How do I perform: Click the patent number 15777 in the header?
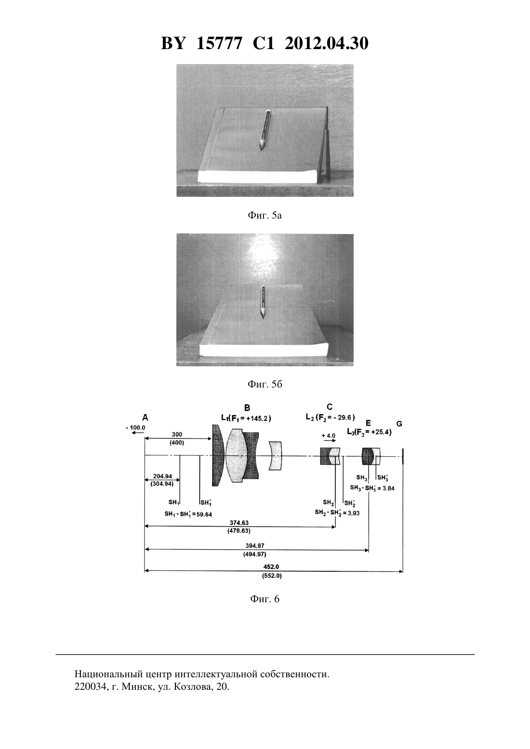(219, 43)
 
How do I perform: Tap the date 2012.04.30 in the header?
(327, 43)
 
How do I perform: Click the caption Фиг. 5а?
(265, 216)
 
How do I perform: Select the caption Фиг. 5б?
(265, 384)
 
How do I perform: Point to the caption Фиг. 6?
(265, 599)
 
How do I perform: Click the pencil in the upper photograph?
(265, 129)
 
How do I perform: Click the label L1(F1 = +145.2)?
(246, 418)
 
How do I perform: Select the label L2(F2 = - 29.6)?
(330, 417)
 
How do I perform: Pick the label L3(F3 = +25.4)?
(370, 432)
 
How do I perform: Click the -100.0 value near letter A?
(136, 427)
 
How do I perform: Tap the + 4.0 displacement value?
(328, 436)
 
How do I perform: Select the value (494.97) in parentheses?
(254, 555)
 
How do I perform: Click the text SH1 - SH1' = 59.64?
(188, 515)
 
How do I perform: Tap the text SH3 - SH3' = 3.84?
(372, 488)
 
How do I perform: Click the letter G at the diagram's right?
(399, 424)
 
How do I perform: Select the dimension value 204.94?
(163, 477)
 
